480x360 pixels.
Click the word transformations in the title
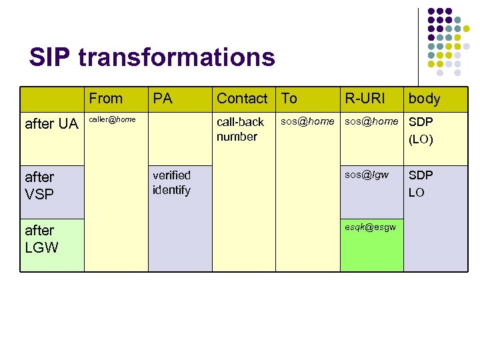[177, 57]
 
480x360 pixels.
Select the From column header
[106, 99]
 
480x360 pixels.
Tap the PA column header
[163, 99]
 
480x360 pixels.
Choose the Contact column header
[242, 99]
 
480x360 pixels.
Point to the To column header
[289, 99]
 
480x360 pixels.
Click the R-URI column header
[364, 99]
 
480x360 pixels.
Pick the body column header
[425, 99]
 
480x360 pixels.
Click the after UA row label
[51, 123]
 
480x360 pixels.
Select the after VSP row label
[40, 185]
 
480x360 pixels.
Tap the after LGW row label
[41, 239]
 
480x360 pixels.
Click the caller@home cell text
[112, 119]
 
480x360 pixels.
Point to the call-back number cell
[240, 129]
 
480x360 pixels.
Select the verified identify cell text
[171, 183]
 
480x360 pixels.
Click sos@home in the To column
[307, 122]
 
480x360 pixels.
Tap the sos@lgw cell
[367, 175]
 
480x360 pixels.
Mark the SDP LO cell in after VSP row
[421, 183]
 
